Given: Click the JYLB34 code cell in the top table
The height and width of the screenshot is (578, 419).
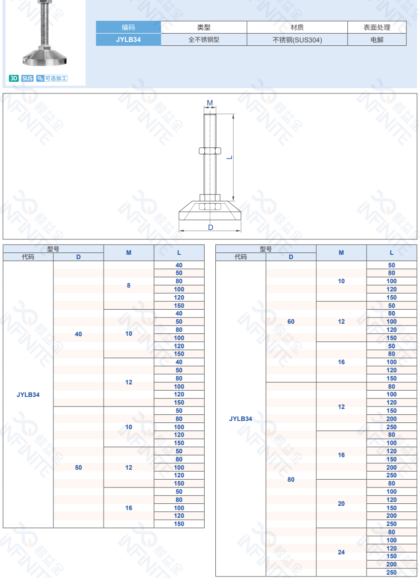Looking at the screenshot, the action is (128, 39).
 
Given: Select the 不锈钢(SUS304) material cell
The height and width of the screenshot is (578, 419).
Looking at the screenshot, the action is (297, 39).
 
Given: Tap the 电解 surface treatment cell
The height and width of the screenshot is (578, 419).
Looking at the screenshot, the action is (377, 39).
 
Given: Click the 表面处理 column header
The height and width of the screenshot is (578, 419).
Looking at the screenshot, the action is (377, 27).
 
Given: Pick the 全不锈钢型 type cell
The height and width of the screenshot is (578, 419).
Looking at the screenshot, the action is (204, 39).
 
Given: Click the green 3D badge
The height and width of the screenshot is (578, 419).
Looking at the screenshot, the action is (13, 78).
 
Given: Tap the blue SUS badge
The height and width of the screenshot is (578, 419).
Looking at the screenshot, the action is (27, 78).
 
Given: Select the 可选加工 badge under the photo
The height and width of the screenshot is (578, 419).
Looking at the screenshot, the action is (52, 78).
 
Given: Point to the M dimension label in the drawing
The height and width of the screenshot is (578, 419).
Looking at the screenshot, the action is (210, 103).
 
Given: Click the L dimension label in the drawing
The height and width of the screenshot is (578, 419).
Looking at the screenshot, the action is (229, 158).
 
